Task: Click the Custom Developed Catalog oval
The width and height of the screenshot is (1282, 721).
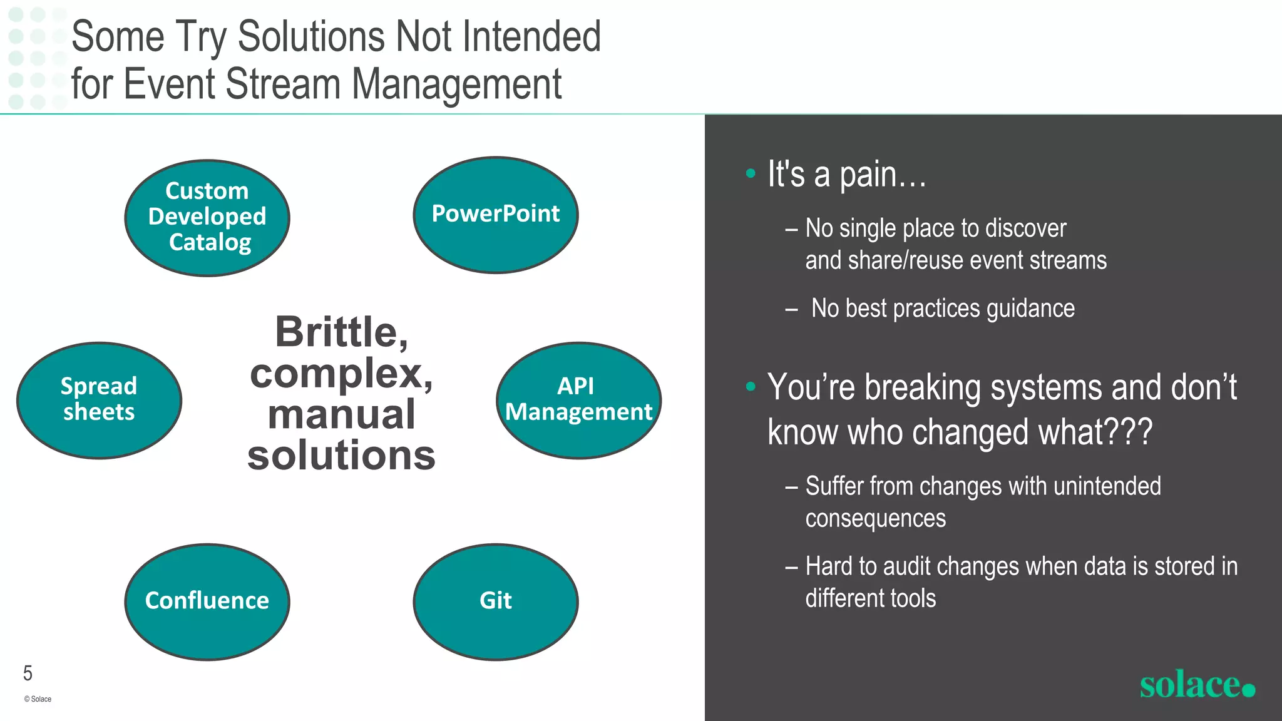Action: click(x=207, y=217)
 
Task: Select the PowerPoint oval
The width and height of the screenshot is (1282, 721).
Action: click(x=496, y=215)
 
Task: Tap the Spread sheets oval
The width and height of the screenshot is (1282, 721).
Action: click(x=99, y=400)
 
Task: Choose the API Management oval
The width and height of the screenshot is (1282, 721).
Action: click(x=578, y=400)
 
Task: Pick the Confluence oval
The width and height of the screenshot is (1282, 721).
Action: click(x=207, y=601)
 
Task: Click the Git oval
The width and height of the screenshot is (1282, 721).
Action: click(x=496, y=601)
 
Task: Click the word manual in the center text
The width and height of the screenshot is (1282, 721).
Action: click(x=341, y=414)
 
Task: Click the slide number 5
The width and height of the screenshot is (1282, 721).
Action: click(x=28, y=673)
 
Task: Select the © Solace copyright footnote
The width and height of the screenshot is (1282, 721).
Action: click(x=38, y=699)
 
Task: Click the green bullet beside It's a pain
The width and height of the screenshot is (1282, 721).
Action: click(x=751, y=173)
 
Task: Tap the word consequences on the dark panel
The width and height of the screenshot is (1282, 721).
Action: click(x=875, y=519)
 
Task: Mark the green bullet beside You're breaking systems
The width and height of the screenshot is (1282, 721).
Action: click(x=751, y=387)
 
